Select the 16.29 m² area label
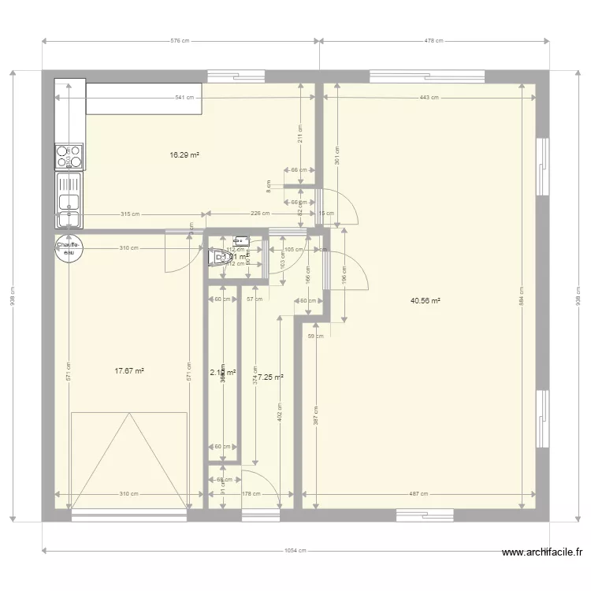click(x=184, y=155)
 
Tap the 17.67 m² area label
click(x=128, y=370)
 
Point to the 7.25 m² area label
click(x=269, y=377)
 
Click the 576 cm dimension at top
click(x=180, y=41)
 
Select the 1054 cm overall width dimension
click(x=296, y=551)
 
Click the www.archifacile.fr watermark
click(x=542, y=553)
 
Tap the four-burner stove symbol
click(x=69, y=156)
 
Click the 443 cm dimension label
click(x=429, y=98)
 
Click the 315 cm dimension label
click(x=130, y=214)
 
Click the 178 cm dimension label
click(x=251, y=494)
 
